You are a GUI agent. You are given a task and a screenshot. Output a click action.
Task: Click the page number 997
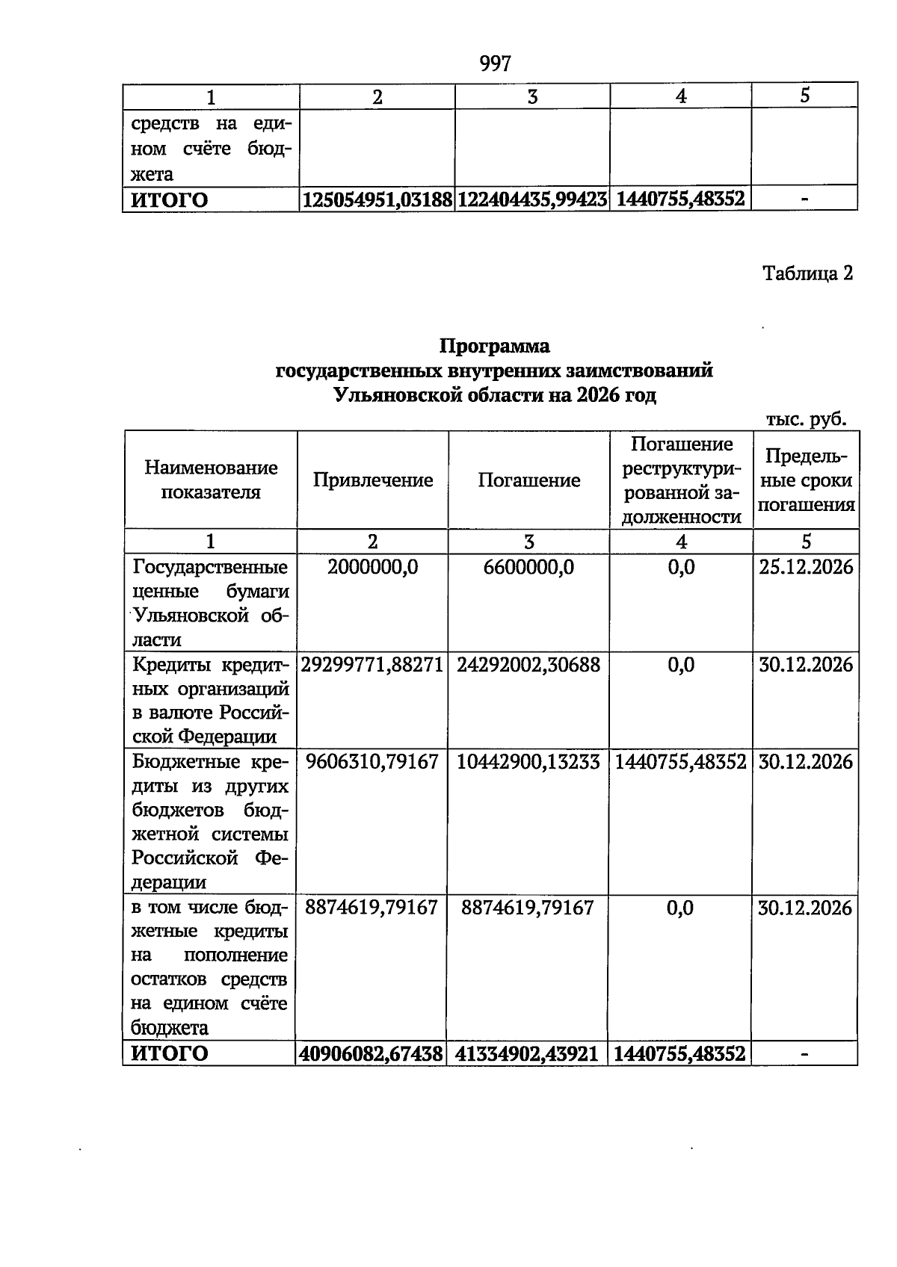point(495,63)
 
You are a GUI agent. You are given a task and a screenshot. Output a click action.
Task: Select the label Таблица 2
point(807,273)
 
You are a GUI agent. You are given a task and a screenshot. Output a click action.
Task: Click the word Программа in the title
point(494,346)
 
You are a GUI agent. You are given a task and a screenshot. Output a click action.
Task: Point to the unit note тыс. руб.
point(807,419)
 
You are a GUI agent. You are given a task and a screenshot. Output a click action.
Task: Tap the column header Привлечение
point(372,480)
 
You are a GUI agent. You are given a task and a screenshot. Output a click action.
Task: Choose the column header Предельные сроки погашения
point(805,480)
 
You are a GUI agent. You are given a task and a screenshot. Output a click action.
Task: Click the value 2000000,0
point(372,567)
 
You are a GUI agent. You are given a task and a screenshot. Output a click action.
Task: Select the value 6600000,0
point(528,567)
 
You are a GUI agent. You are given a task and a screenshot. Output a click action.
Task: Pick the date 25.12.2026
point(806,567)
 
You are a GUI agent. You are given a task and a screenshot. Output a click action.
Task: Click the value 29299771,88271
point(372,664)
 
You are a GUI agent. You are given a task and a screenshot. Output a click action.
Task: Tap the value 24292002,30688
point(528,664)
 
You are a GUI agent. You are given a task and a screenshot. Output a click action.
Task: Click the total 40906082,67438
point(372,1053)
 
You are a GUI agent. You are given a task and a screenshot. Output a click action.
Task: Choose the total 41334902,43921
point(527,1053)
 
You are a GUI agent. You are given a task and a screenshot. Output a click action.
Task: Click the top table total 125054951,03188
point(377,199)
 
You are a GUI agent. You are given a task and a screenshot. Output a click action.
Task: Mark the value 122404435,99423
point(532,199)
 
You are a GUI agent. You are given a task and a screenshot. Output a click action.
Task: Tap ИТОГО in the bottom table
point(170,1053)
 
